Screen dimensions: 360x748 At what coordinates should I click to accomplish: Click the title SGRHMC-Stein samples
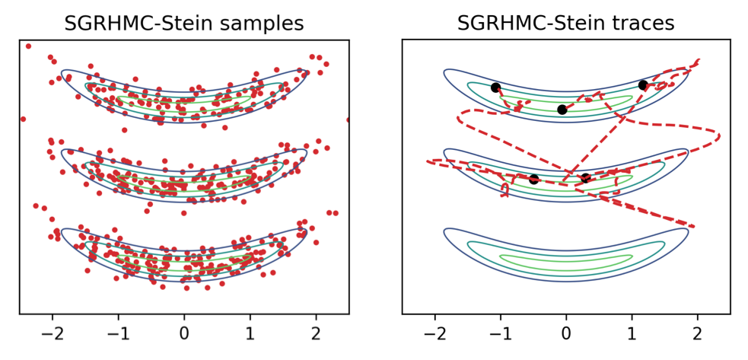tap(183, 23)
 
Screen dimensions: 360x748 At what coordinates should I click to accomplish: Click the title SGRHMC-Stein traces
tap(565, 23)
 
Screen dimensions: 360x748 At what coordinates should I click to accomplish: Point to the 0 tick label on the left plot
tap(184, 334)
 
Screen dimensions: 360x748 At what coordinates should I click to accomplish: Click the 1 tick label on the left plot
tap(250, 334)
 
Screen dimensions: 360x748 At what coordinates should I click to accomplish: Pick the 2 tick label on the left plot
tap(316, 334)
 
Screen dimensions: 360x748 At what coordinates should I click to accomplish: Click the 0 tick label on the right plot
tap(566, 334)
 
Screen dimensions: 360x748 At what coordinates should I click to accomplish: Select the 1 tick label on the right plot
tap(632, 334)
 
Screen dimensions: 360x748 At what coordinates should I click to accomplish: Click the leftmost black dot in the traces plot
tap(495, 88)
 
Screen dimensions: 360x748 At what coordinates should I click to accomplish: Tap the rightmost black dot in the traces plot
tap(643, 85)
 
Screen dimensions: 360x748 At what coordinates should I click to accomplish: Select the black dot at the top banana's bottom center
tap(562, 110)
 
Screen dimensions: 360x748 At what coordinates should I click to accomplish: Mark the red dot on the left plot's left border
tap(22, 119)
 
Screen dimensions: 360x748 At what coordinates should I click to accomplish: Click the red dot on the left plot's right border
tap(349, 119)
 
